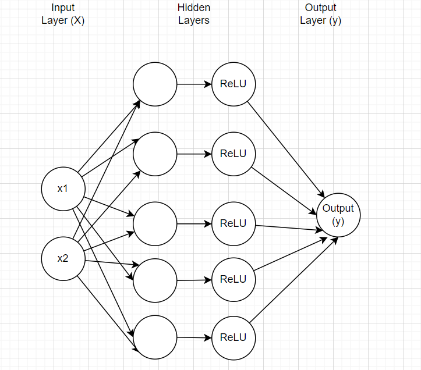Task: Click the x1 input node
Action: tap(63, 188)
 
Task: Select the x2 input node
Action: tap(63, 258)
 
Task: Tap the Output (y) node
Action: tap(338, 215)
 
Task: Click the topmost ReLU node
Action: tap(234, 84)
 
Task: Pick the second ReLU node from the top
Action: tap(234, 154)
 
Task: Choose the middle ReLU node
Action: tap(234, 223)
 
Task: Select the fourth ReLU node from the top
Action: tap(234, 279)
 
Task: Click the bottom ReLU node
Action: tap(234, 337)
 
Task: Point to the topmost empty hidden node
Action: tap(155, 84)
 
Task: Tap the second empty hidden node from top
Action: tap(155, 154)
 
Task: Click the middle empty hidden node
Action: tap(155, 223)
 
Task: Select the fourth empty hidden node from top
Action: tap(155, 280)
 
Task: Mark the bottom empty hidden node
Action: tap(155, 337)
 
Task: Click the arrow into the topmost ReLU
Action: tap(194, 84)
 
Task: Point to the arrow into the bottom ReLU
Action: tap(194, 337)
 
